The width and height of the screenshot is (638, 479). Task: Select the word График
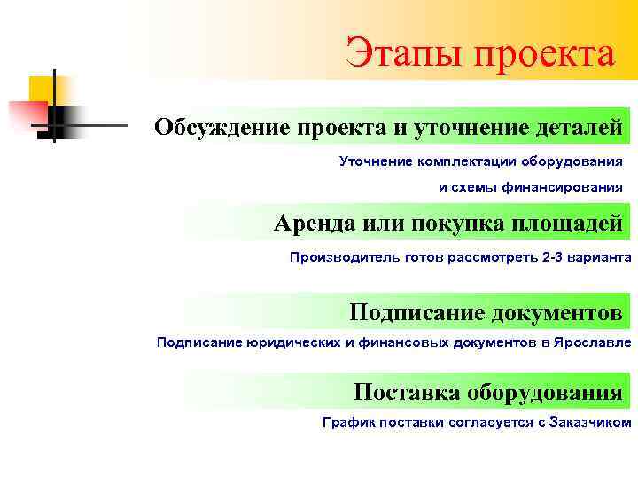click(348, 422)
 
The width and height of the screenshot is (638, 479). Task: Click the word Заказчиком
click(591, 422)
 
